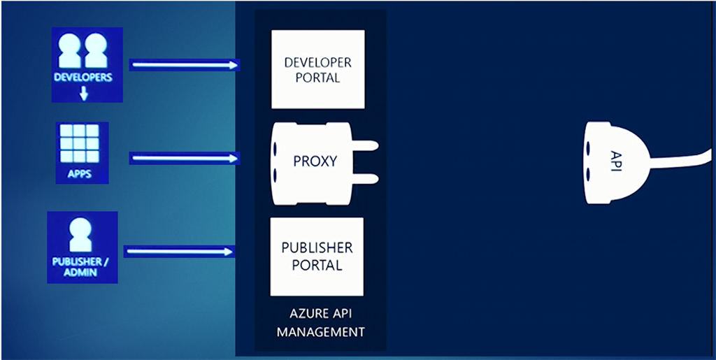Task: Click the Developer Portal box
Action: click(x=317, y=69)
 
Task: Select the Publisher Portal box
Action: click(x=317, y=256)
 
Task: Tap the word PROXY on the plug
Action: click(x=315, y=161)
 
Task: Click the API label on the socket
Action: click(x=616, y=161)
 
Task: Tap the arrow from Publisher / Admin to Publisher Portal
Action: click(x=178, y=251)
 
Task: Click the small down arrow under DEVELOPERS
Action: click(x=83, y=93)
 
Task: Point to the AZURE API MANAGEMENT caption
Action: click(x=320, y=323)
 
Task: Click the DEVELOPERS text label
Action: click(x=83, y=78)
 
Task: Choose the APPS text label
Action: click(x=82, y=173)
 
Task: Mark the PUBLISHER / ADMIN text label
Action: click(x=82, y=267)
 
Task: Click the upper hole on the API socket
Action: click(x=590, y=148)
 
